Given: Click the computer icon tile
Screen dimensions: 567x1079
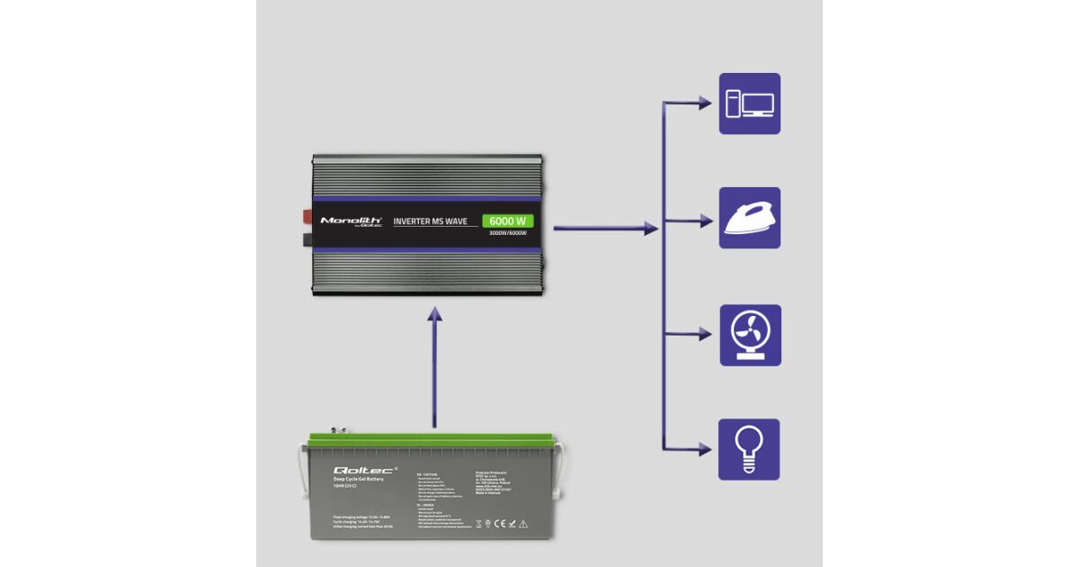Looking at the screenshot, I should tap(750, 103).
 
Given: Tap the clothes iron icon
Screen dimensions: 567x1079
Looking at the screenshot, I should tap(750, 218).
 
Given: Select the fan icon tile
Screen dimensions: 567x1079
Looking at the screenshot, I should tap(750, 335).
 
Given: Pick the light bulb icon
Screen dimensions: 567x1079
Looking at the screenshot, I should tap(749, 448).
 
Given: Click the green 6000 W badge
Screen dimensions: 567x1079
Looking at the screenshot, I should tap(507, 220).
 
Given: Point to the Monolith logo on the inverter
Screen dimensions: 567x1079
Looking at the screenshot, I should tap(352, 220).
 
